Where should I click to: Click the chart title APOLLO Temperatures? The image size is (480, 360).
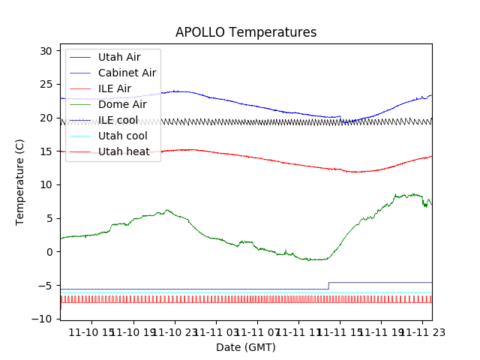pyautogui.click(x=246, y=32)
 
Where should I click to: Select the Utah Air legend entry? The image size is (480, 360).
pyautogui.click(x=118, y=57)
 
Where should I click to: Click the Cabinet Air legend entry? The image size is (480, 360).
pyautogui.click(x=127, y=73)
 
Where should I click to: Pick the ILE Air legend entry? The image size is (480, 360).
pyautogui.click(x=115, y=88)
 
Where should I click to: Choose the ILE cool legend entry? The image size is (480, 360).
pyautogui.click(x=118, y=120)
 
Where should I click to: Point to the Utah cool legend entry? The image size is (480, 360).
pyautogui.click(x=122, y=136)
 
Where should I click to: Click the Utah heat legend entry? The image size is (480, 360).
pyautogui.click(x=123, y=151)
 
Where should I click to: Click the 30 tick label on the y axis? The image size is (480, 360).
pyautogui.click(x=46, y=51)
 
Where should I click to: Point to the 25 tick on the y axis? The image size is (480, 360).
pyautogui.click(x=46, y=84)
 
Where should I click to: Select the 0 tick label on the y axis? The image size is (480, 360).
pyautogui.click(x=49, y=252)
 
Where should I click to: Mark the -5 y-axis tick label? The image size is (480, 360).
pyautogui.click(x=45, y=286)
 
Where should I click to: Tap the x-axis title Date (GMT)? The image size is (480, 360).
pyautogui.click(x=246, y=347)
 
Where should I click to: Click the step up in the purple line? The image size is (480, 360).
pyautogui.click(x=328, y=286)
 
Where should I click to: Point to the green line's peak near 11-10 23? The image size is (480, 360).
pyautogui.click(x=167, y=211)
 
